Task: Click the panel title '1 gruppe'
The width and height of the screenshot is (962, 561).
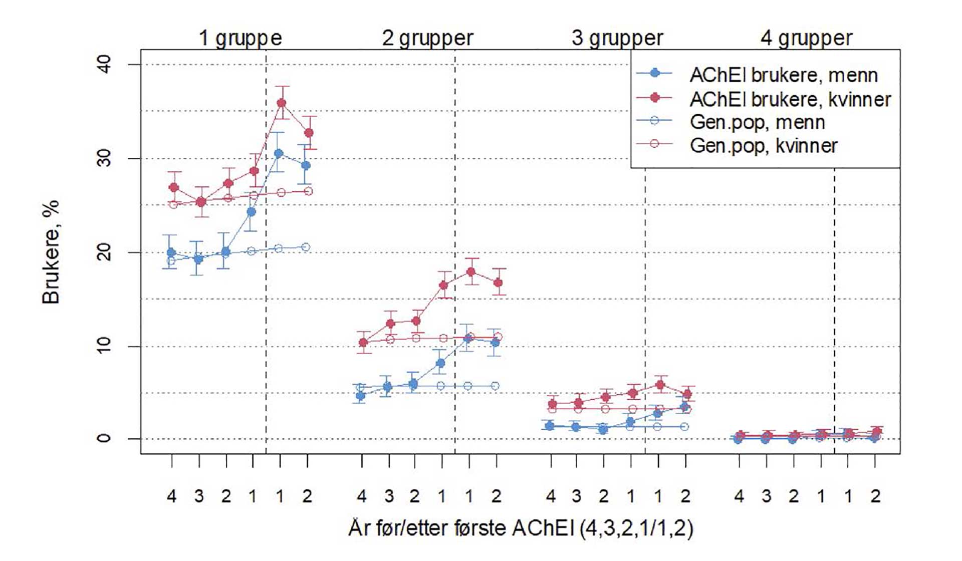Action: (240, 38)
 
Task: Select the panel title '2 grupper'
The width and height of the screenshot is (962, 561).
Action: (427, 38)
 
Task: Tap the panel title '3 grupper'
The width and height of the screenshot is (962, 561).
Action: (617, 38)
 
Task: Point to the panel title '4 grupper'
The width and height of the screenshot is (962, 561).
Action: (806, 38)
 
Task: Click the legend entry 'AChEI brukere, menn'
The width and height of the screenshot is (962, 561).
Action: (783, 75)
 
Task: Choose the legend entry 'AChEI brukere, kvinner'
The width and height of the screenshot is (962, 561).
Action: (790, 99)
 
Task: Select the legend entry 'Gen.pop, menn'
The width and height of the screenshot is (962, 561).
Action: (757, 122)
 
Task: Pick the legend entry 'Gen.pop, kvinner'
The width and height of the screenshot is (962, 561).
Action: (764, 146)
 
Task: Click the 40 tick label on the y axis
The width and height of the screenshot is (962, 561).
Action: (104, 65)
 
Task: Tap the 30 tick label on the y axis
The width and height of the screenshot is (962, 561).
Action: (104, 159)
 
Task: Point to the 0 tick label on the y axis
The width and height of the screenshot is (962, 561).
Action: (104, 438)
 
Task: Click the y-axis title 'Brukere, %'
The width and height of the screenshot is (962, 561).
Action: (51, 252)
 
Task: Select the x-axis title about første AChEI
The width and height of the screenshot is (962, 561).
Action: (521, 528)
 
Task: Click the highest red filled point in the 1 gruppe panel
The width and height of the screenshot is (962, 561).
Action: (282, 103)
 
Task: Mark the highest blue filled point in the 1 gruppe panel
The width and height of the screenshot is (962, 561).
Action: (279, 153)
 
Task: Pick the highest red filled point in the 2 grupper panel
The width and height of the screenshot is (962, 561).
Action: (470, 271)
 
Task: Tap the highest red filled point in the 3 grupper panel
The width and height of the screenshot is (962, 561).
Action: (660, 385)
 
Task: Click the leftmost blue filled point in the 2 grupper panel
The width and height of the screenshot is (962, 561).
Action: (360, 396)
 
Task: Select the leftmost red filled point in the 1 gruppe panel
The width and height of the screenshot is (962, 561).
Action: (174, 187)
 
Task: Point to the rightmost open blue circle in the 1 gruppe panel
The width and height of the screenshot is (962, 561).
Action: (306, 247)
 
